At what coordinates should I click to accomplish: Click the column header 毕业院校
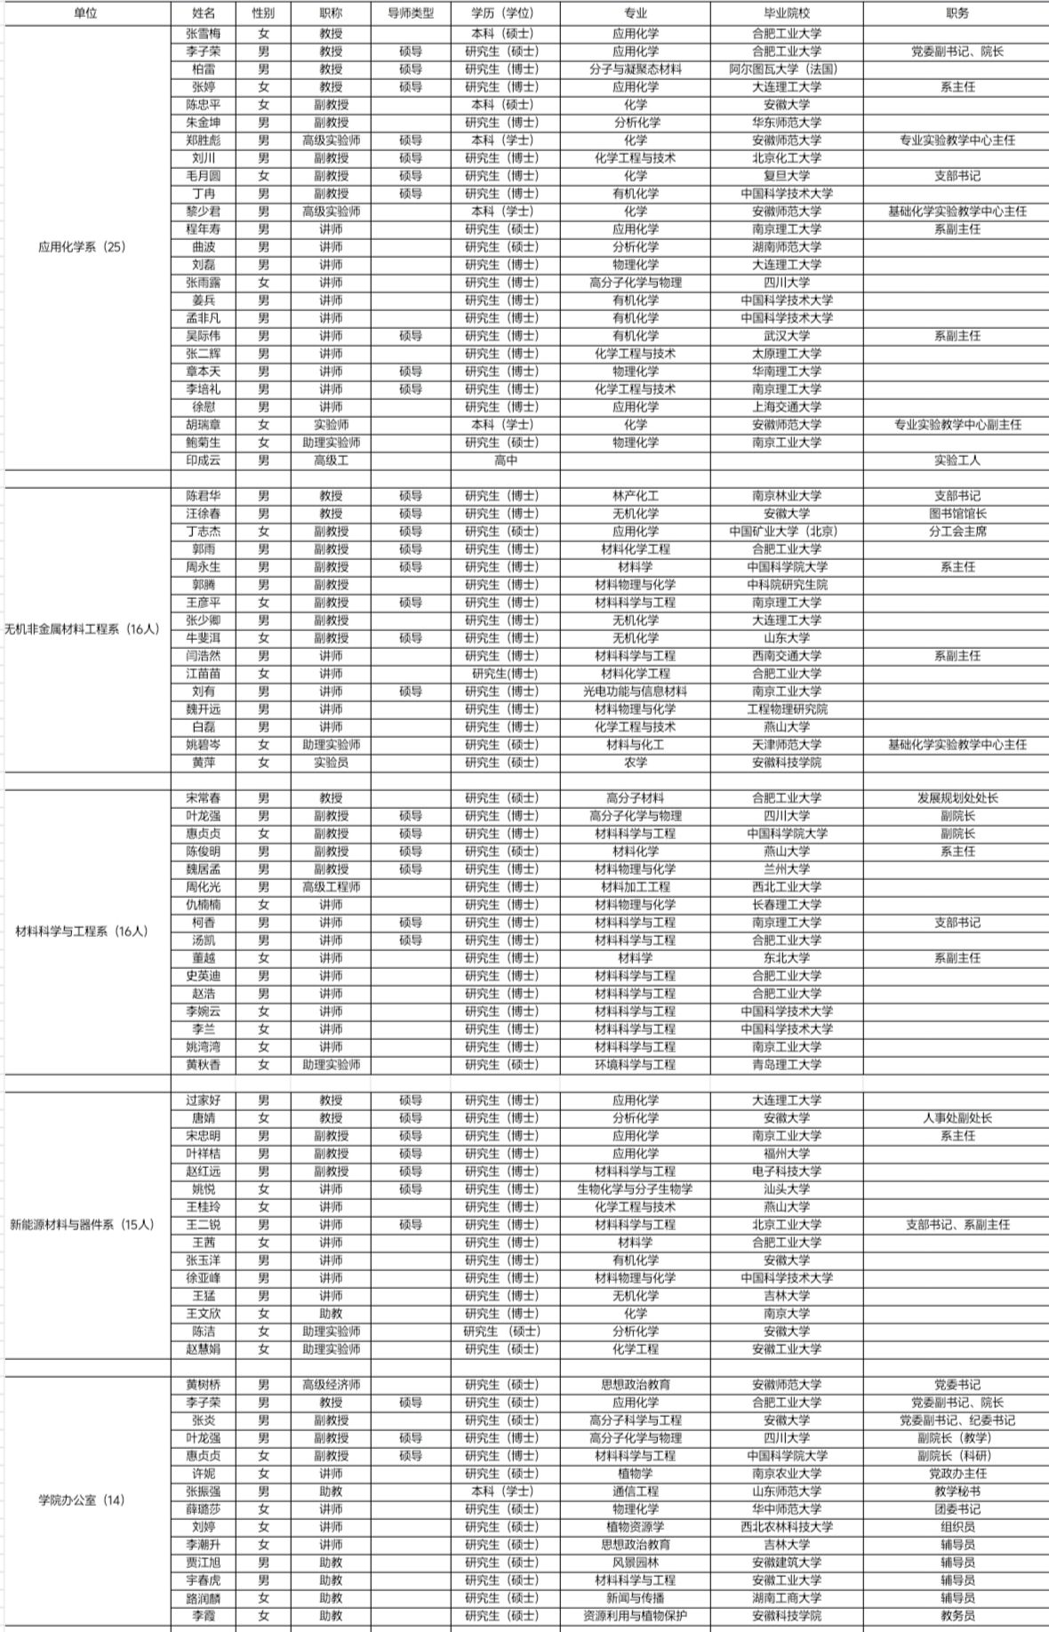click(786, 13)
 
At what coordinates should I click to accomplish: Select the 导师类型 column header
click(410, 13)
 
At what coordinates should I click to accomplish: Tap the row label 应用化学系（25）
click(83, 247)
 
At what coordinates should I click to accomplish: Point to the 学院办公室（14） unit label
click(83, 1500)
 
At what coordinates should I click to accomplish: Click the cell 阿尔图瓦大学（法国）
click(786, 69)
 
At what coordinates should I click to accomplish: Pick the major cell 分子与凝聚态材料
click(635, 69)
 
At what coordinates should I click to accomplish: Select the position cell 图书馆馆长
click(957, 514)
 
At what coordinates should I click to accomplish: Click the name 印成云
click(203, 460)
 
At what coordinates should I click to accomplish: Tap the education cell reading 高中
click(505, 460)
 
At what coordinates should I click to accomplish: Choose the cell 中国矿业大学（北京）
click(786, 532)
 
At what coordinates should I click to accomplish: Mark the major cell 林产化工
click(635, 496)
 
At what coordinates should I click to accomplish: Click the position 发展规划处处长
click(957, 798)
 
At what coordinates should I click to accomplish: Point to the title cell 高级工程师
click(331, 887)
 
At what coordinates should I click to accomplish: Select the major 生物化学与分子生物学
click(635, 1189)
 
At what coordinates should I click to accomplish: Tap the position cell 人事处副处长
click(957, 1118)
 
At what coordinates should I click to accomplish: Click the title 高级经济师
click(331, 1385)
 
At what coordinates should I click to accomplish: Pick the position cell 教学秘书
click(957, 1492)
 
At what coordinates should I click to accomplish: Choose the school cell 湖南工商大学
click(786, 1598)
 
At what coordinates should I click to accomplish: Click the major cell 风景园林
click(635, 1563)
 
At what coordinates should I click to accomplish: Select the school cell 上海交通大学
click(786, 407)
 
